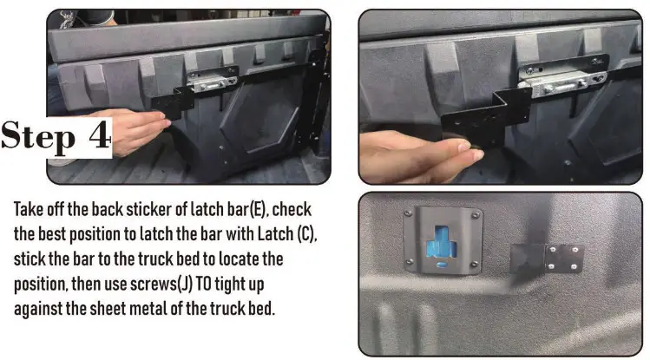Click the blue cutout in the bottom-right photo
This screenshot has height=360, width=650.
click(x=443, y=247)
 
